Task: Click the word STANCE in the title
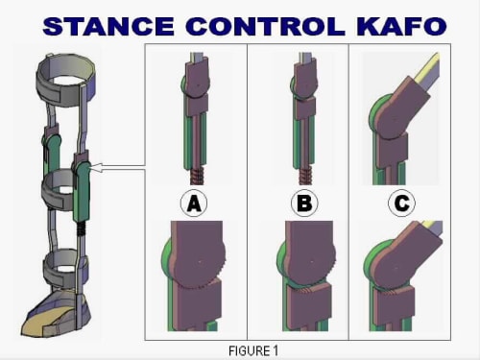(108, 26)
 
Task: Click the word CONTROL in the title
(265, 26)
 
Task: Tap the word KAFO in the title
(401, 26)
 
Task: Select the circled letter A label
(194, 204)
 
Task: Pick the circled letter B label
(304, 204)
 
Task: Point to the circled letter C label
(401, 204)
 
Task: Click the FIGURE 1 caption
(253, 351)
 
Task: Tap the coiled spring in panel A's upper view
(198, 177)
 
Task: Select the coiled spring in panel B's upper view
(306, 177)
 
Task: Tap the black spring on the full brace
(82, 228)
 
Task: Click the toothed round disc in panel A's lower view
(199, 261)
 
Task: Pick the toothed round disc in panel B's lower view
(310, 261)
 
